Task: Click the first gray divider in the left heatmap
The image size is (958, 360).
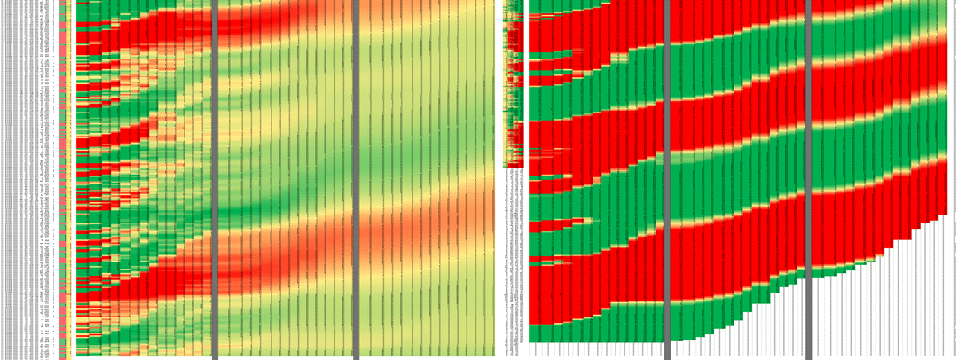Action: coord(215,177)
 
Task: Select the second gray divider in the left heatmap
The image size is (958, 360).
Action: coord(356,177)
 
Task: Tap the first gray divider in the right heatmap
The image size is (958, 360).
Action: coord(666,177)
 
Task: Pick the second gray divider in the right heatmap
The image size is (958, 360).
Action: coord(808,177)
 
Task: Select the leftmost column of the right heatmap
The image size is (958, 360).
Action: coord(534,168)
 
